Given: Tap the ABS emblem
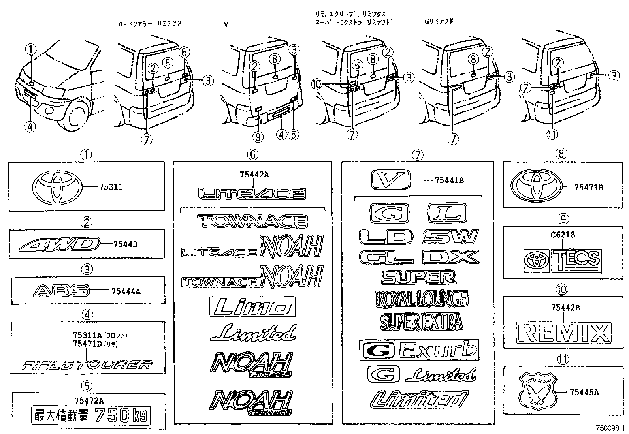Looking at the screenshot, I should click(60, 291).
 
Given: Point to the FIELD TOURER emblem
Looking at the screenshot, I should click(87, 365).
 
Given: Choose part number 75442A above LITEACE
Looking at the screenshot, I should click(254, 175).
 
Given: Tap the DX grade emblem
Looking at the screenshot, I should click(450, 257).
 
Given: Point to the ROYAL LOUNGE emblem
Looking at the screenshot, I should click(421, 299).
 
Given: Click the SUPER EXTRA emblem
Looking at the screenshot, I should click(421, 321).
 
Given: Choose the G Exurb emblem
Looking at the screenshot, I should click(419, 350).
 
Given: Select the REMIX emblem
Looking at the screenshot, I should click(563, 333).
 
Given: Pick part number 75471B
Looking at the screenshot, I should click(589, 188).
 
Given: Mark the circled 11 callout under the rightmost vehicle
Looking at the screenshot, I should click(552, 134).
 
